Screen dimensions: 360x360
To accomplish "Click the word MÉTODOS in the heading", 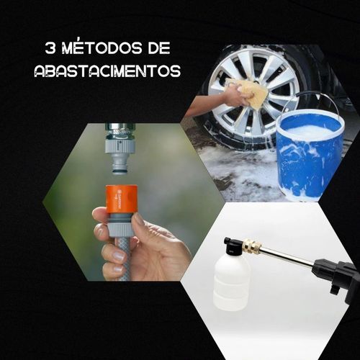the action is click(x=102, y=48).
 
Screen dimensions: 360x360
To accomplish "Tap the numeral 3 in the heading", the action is click(x=50, y=48).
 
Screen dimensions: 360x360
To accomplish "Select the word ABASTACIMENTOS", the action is click(x=107, y=71).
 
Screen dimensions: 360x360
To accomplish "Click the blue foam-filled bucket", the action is click(x=310, y=153).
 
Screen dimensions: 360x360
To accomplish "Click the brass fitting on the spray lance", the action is click(x=252, y=246).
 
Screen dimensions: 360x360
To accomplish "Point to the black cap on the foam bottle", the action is click(x=232, y=246).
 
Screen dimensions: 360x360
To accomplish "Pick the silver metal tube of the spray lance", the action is click(x=288, y=255).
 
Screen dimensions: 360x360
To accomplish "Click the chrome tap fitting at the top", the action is click(x=120, y=132).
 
